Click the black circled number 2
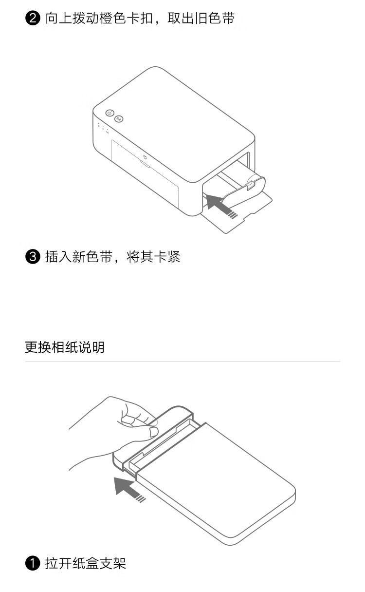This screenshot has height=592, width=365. (x=33, y=18)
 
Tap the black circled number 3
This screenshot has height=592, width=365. (x=33, y=257)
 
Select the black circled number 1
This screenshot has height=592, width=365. (x=33, y=563)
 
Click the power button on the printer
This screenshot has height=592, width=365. (x=109, y=113)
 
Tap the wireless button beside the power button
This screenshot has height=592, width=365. (x=119, y=119)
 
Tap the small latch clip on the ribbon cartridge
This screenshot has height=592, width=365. (x=251, y=185)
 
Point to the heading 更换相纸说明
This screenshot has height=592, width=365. (x=65, y=347)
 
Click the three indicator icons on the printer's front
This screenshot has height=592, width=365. (x=103, y=128)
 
